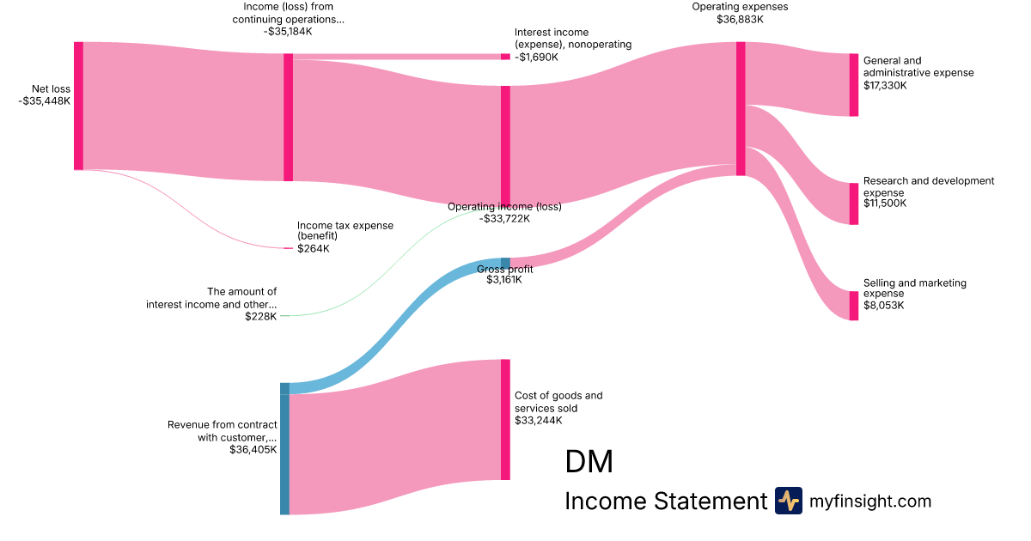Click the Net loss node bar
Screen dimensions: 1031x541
point(78,106)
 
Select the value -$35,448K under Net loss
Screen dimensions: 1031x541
point(44,100)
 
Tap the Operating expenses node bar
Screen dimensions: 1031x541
point(741,108)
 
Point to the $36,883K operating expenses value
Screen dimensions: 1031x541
point(740,19)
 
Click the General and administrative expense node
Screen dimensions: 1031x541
point(853,84)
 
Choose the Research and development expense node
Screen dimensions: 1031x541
point(853,204)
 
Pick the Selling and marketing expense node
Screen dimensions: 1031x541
point(853,306)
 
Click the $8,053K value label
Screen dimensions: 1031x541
point(883,306)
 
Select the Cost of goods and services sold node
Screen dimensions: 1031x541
point(505,419)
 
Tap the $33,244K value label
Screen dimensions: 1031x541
point(538,421)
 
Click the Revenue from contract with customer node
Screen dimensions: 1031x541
point(284,448)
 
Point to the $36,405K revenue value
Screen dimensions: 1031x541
point(253,449)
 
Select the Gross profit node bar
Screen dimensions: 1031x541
point(505,263)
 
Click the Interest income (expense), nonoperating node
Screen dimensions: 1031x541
point(505,57)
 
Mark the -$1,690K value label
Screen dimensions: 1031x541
point(536,58)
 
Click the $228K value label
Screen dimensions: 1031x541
point(260,316)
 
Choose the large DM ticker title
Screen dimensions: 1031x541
point(589,462)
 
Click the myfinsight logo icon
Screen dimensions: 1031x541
point(788,501)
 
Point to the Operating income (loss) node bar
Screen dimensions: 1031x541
point(505,146)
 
